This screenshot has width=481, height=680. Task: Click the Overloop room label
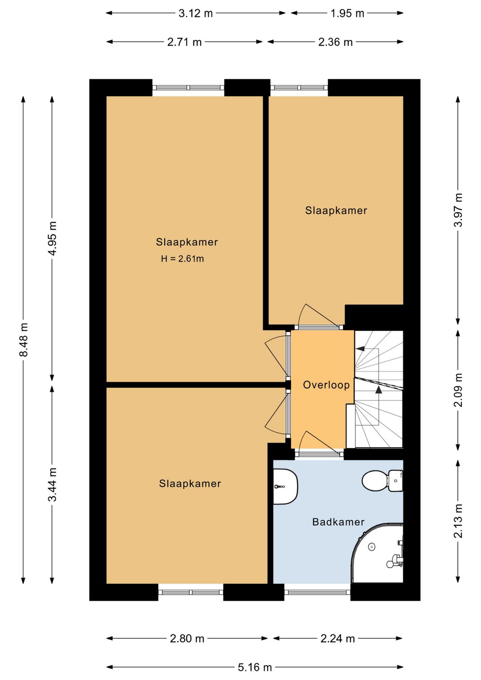[x=326, y=385]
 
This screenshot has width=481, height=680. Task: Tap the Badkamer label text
[x=338, y=522]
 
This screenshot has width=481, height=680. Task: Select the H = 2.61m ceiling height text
[x=183, y=258]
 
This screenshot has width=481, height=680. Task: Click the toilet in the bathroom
[x=382, y=480]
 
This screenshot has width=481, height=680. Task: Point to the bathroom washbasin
[x=285, y=487]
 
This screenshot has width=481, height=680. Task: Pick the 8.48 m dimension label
[x=23, y=340]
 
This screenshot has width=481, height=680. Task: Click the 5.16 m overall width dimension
[x=254, y=667]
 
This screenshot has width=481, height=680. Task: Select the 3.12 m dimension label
[x=196, y=13]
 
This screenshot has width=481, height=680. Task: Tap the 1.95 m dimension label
[x=347, y=13]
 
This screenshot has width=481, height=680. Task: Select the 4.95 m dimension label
[x=53, y=238]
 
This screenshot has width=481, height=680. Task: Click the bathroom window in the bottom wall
[x=318, y=592]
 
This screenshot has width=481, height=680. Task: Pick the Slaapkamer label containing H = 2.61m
[x=187, y=242]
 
